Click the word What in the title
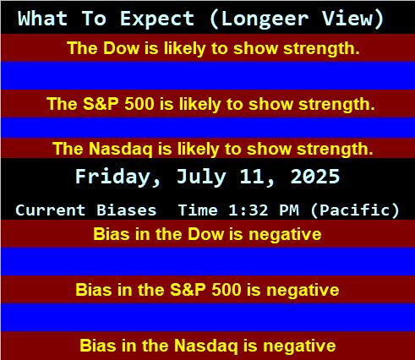tap(42, 19)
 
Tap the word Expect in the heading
tap(157, 19)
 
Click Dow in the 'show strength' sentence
tap(121, 48)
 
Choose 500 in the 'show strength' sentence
tap(139, 104)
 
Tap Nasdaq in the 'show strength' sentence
tap(121, 149)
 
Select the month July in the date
tap(201, 177)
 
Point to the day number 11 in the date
tap(253, 177)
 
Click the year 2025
tap(315, 177)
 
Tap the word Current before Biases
tap(51, 210)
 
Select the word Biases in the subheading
tap(126, 210)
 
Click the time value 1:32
tap(248, 210)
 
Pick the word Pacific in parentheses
tap(355, 210)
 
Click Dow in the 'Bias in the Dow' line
tap(206, 234)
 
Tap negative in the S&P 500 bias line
tap(303, 290)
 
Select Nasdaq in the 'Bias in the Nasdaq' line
tap(206, 346)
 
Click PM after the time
tap(289, 210)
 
